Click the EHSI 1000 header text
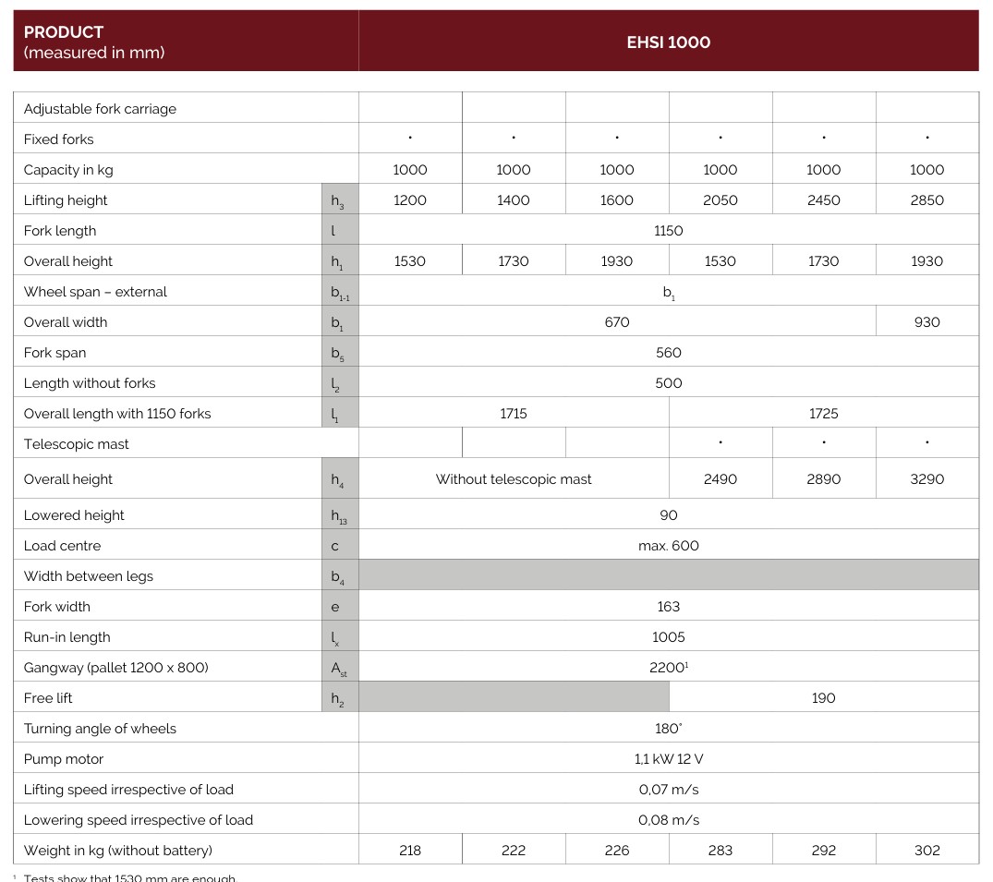[x=668, y=42]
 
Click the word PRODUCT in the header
[x=64, y=32]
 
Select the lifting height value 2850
[x=926, y=200]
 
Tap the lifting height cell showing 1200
[x=410, y=200]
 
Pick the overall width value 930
[x=926, y=322]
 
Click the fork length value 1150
[x=668, y=231]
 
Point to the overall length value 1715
[x=514, y=414]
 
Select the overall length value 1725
[x=823, y=414]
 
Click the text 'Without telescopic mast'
[x=514, y=479]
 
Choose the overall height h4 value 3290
[x=926, y=479]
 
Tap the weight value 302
[x=926, y=851]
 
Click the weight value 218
[x=410, y=851]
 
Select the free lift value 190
[x=823, y=698]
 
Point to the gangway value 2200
[x=667, y=668]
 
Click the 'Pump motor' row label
[x=64, y=759]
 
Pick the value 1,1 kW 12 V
[x=668, y=759]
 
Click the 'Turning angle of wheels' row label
[x=100, y=729]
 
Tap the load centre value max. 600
[x=668, y=546]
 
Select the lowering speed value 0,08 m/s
[x=668, y=820]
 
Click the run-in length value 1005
[x=668, y=637]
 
